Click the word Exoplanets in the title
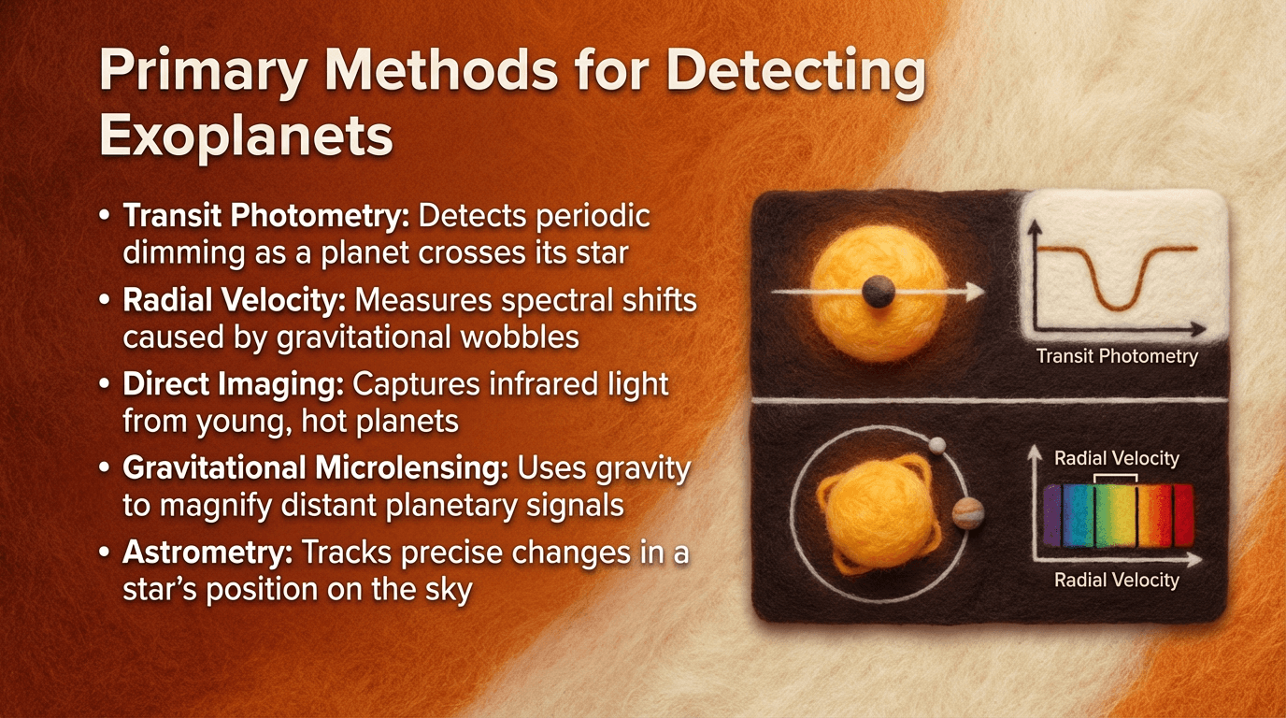246,136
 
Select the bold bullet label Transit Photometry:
266,217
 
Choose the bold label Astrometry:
207,553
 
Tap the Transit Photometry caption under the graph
1116,356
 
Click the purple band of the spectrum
1053,515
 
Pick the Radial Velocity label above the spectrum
1116,458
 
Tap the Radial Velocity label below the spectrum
1116,580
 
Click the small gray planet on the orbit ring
938,444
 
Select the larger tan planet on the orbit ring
968,511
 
